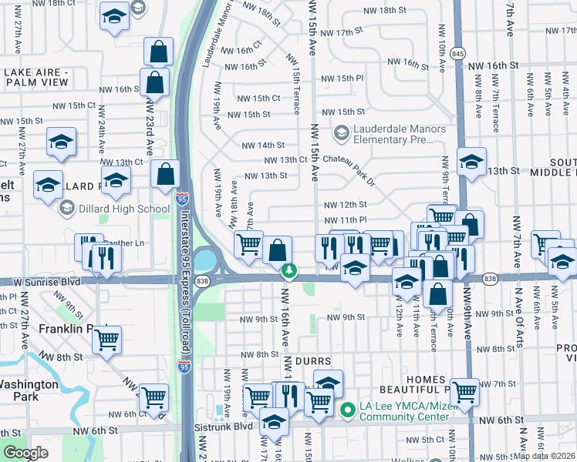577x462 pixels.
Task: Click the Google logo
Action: (25, 453)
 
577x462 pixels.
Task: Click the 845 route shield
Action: (459, 53)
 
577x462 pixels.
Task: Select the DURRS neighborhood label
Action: (312, 360)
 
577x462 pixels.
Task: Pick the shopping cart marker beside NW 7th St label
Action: (464, 391)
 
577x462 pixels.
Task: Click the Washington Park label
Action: (29, 390)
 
